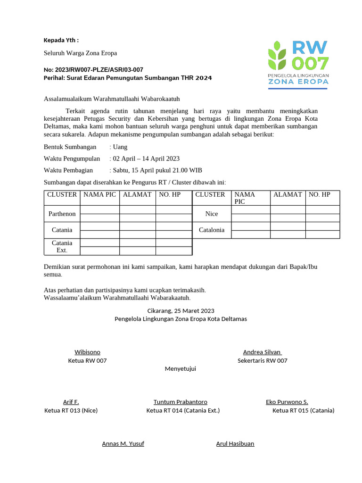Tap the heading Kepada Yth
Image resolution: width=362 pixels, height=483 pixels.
[61, 40]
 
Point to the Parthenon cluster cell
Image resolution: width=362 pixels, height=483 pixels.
[62, 214]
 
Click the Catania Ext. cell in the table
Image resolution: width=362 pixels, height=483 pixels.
[62, 246]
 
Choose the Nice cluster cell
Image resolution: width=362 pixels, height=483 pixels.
[212, 214]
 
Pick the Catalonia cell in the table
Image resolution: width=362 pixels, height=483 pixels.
[212, 230]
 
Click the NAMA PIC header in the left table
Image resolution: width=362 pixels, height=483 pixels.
[99, 194]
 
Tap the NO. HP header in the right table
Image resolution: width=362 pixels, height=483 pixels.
[320, 194]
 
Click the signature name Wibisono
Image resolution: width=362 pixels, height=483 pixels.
[87, 352]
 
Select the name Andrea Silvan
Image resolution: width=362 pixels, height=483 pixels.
[262, 352]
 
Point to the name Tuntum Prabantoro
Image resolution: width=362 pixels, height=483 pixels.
[180, 402]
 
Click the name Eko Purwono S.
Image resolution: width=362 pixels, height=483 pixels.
[287, 402]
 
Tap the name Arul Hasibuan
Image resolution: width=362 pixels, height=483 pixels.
[235, 443]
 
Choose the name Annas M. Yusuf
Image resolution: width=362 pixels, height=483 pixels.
[123, 443]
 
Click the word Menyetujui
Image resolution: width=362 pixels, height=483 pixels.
[180, 368]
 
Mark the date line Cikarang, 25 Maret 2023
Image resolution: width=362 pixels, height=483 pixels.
[181, 310]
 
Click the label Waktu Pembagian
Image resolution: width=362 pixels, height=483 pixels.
[68, 170]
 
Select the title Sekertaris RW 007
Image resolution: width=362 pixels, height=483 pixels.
[262, 360]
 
